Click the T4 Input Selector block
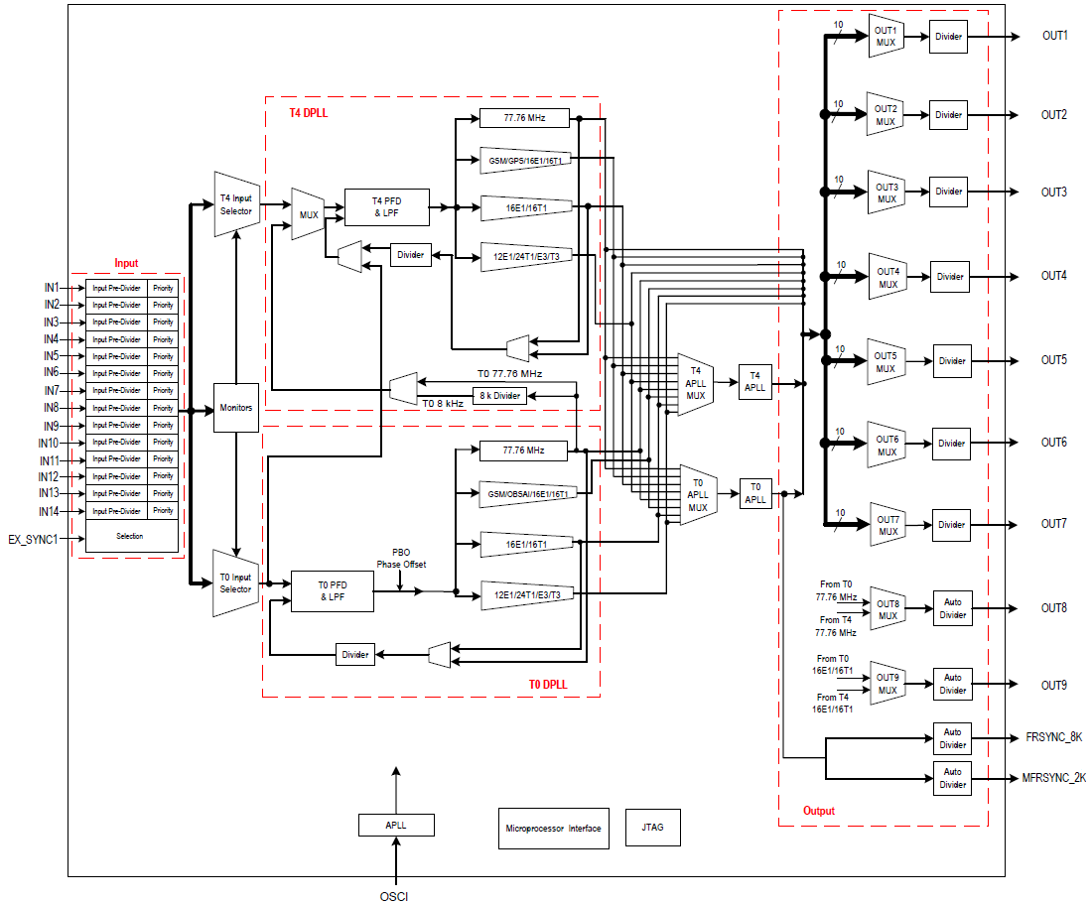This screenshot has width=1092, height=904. tap(235, 204)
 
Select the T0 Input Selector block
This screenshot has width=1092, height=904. tap(235, 583)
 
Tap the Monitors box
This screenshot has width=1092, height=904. tap(235, 408)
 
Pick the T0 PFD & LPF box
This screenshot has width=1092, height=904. tap(332, 591)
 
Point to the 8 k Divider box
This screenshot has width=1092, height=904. tap(499, 396)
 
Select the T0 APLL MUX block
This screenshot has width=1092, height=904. tap(698, 494)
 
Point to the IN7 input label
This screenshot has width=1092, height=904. tap(51, 390)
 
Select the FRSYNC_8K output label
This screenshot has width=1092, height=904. tap(1053, 737)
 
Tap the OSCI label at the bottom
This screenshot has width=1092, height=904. tap(394, 896)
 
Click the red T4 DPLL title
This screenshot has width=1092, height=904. tap(308, 113)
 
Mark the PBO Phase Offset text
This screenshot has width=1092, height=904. tap(400, 558)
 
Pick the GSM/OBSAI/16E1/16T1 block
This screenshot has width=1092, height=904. tap(526, 493)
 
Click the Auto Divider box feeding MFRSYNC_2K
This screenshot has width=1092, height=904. tap(952, 778)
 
